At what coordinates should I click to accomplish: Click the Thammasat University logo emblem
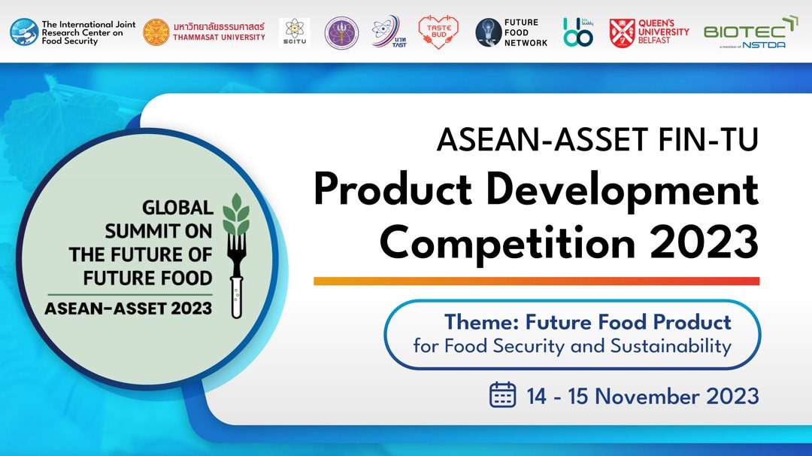click(x=156, y=32)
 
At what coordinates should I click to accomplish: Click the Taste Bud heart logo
click(x=438, y=32)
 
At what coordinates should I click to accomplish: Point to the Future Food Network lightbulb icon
click(x=489, y=32)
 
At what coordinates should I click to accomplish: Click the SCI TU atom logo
click(x=294, y=32)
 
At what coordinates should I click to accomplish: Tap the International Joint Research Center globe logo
click(x=24, y=32)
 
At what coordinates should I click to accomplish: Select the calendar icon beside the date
click(x=502, y=395)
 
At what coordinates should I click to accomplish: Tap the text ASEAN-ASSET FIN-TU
click(x=597, y=139)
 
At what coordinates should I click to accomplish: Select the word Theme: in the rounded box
click(x=481, y=322)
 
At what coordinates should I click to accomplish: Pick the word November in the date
click(x=644, y=396)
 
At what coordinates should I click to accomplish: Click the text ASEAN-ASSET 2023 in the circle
click(x=129, y=308)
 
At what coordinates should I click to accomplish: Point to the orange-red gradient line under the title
click(x=536, y=281)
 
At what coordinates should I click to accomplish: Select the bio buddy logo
click(x=577, y=32)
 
